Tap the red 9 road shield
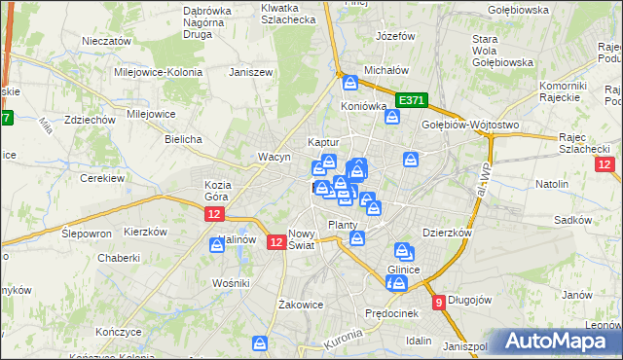440,302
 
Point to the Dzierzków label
448,233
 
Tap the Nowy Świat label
302,239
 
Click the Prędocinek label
391,312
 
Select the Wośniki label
232,282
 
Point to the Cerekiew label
98,178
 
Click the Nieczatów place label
107,42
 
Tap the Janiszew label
247,72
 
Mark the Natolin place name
552,183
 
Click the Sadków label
573,220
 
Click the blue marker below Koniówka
392,118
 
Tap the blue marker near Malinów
216,247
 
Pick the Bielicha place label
183,139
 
